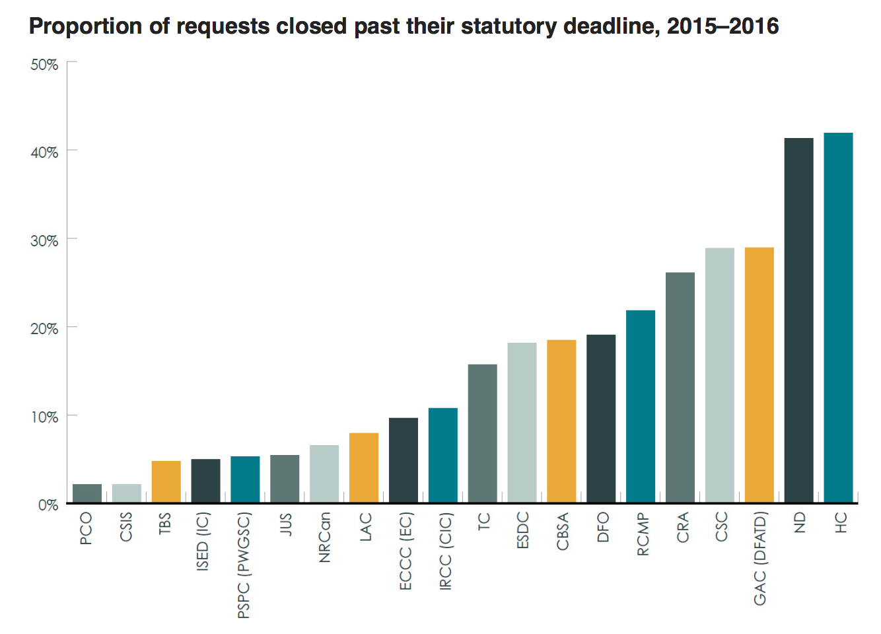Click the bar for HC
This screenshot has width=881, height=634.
click(x=838, y=318)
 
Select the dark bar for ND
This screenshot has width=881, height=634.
click(x=798, y=320)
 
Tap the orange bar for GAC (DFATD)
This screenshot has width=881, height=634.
click(x=759, y=375)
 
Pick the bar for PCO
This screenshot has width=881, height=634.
click(x=87, y=493)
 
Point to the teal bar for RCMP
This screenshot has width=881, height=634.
click(x=641, y=406)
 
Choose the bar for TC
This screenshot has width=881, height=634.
click(x=482, y=433)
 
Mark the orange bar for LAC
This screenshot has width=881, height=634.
click(x=364, y=468)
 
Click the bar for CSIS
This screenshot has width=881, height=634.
click(x=127, y=493)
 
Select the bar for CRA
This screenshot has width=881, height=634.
click(x=680, y=388)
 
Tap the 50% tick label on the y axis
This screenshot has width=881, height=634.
click(x=44, y=65)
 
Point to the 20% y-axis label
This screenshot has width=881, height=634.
click(x=44, y=329)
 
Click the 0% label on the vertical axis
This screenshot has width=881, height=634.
click(x=48, y=505)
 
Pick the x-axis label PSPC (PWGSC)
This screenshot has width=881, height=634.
click(x=244, y=565)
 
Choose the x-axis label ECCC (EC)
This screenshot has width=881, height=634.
click(x=405, y=551)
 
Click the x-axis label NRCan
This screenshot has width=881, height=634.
click(x=324, y=538)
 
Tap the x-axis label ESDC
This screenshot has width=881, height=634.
click(x=523, y=530)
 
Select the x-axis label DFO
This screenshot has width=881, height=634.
click(x=602, y=527)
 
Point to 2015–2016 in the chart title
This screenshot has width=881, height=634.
click(x=722, y=26)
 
